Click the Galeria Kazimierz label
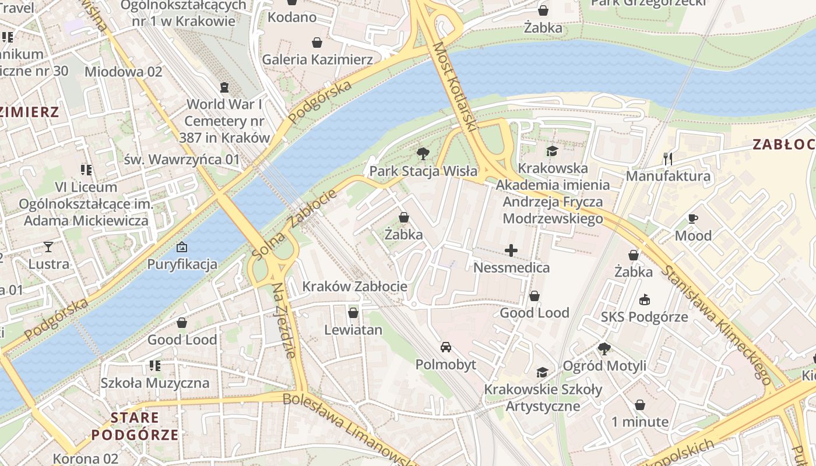pyautogui.click(x=317, y=59)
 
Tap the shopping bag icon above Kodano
pyautogui.click(x=291, y=2)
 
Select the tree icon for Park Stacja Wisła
pyautogui.click(x=423, y=154)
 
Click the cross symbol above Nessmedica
pyautogui.click(x=511, y=250)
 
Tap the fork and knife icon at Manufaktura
pyautogui.click(x=668, y=158)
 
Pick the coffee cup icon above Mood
pyautogui.click(x=693, y=219)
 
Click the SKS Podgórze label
pyautogui.click(x=644, y=317)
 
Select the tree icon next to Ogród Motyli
pyautogui.click(x=604, y=349)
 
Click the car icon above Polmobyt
pyautogui.click(x=445, y=347)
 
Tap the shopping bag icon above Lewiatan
pyautogui.click(x=353, y=313)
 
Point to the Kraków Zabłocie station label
pyautogui.click(x=354, y=287)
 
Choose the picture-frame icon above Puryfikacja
pyautogui.click(x=182, y=247)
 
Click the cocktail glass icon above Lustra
pyautogui.click(x=48, y=247)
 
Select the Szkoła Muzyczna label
pyautogui.click(x=154, y=383)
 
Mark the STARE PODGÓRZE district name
pyautogui.click(x=135, y=426)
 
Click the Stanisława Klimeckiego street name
pyautogui.click(x=717, y=326)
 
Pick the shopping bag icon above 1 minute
pyautogui.click(x=639, y=404)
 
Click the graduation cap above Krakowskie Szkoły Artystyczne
pyautogui.click(x=543, y=372)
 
